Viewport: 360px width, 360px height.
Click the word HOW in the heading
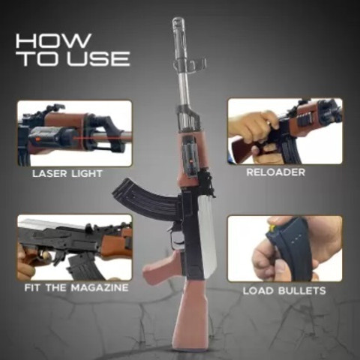pos(53,40)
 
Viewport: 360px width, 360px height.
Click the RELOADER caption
pos(275,172)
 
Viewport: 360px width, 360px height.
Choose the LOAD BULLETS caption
pos(284,290)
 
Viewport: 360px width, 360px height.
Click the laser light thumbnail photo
pos(74,133)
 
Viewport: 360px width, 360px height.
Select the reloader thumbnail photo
pos(284,131)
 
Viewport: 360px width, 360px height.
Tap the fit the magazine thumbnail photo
pos(74,247)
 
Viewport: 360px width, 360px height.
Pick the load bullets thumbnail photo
pos(284,248)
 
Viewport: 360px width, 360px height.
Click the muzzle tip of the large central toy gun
pos(178,23)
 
